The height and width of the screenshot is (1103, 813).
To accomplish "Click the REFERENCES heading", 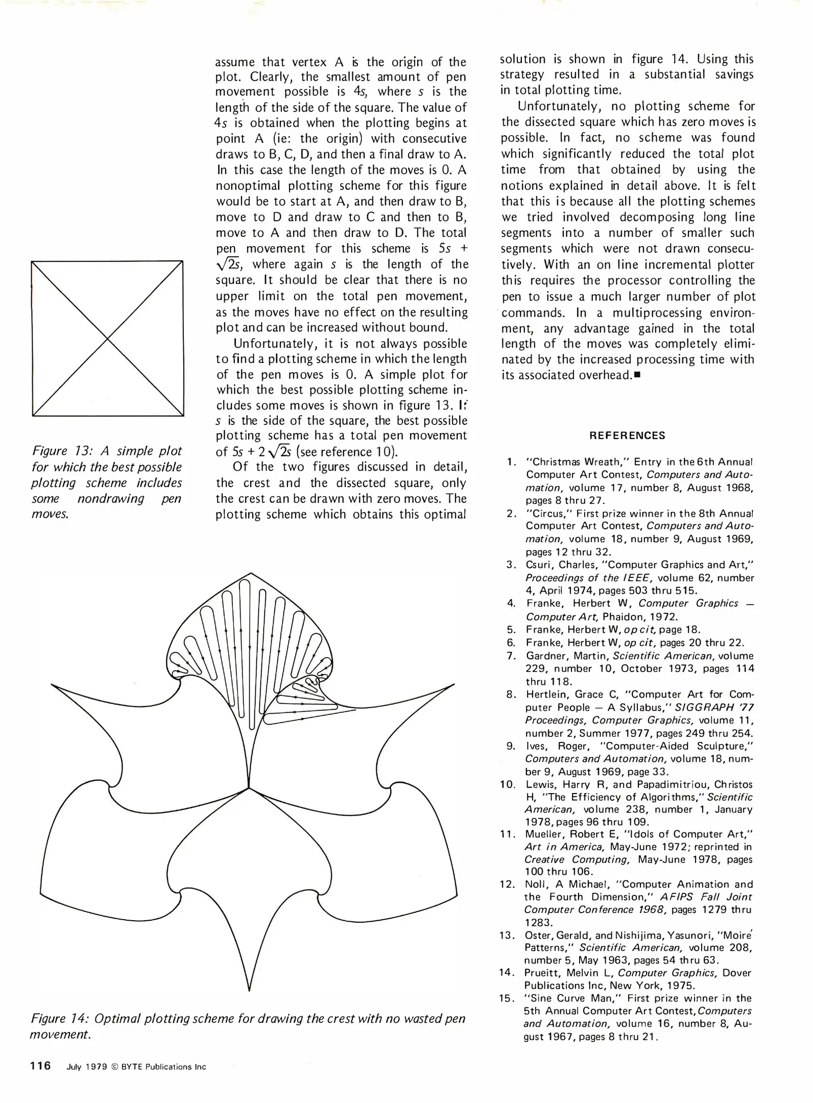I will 627,436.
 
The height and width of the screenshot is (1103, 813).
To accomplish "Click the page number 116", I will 41,1065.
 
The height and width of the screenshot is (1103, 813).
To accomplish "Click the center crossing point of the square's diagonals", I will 107,339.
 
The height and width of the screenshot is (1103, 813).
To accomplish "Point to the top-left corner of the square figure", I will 32,261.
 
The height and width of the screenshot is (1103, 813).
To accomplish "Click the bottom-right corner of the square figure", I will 183,416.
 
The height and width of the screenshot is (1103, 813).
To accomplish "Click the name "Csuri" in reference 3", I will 539,565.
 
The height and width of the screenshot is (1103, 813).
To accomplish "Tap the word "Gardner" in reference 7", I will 548,656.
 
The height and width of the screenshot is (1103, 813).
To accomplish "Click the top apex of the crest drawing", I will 250,573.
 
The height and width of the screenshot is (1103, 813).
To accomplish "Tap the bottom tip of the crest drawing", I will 249,991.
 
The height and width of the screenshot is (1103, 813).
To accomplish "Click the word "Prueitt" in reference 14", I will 543,973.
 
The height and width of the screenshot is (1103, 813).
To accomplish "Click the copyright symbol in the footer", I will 115,1067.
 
